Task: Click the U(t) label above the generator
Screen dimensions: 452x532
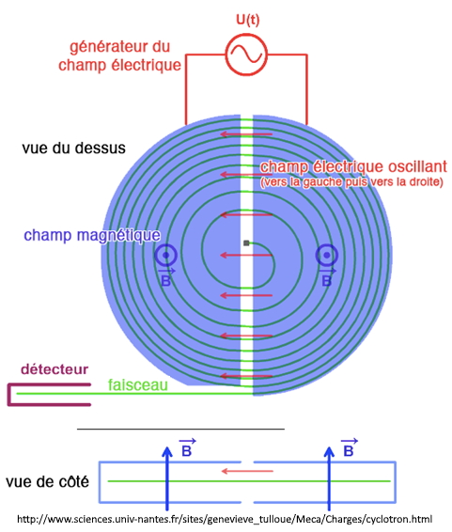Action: (x=247, y=20)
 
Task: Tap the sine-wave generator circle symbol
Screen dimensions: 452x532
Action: (x=246, y=54)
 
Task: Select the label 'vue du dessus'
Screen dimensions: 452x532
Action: (x=73, y=148)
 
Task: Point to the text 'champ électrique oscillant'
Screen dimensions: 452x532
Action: (x=353, y=167)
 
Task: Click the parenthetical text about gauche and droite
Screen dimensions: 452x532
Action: (x=351, y=182)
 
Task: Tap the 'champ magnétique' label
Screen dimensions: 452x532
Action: (x=92, y=235)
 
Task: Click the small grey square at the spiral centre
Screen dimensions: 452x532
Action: (x=246, y=243)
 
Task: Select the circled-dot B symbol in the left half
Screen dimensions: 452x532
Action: (x=166, y=255)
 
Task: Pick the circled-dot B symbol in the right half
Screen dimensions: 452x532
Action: (x=326, y=255)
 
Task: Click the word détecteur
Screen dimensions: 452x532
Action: (x=55, y=369)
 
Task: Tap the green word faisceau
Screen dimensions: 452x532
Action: (x=138, y=384)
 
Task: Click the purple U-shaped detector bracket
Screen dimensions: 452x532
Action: (x=9, y=395)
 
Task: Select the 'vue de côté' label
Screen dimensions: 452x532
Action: (x=48, y=482)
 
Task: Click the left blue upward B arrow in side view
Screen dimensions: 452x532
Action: (x=167, y=478)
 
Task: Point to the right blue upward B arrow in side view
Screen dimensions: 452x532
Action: (x=329, y=478)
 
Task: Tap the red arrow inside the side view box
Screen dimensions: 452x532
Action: (x=247, y=471)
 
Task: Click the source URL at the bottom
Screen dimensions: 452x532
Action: (x=225, y=519)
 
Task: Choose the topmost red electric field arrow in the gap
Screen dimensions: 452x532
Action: (x=246, y=134)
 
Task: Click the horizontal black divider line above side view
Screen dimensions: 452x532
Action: (x=180, y=430)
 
